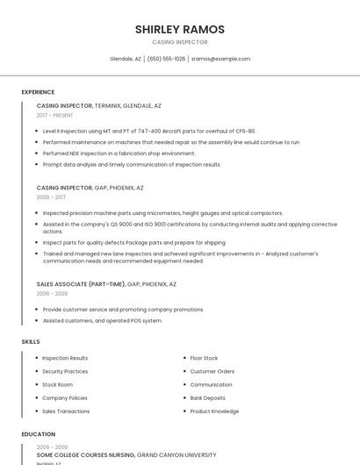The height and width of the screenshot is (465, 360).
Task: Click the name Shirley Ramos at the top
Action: click(x=179, y=29)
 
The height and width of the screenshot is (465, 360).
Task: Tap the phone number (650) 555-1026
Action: click(x=167, y=59)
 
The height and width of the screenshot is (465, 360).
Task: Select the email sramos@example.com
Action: click(x=220, y=59)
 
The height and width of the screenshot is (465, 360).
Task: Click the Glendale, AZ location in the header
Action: click(x=126, y=59)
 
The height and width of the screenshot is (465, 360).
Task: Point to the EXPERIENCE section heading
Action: click(x=38, y=91)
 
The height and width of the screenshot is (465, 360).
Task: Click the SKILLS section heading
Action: click(x=31, y=341)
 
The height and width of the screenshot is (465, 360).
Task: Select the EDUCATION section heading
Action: click(x=39, y=433)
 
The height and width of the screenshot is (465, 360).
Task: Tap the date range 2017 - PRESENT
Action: click(x=54, y=115)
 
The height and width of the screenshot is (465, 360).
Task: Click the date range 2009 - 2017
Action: click(x=50, y=197)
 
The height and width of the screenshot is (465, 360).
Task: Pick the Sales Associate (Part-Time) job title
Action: click(x=81, y=284)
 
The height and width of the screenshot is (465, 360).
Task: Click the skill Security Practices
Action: click(x=65, y=371)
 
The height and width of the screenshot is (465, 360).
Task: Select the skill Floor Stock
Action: click(x=204, y=358)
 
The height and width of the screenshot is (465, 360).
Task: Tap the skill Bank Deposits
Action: click(x=207, y=397)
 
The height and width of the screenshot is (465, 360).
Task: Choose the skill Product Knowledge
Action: click(x=214, y=411)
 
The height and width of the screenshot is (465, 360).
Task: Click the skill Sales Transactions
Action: click(x=66, y=411)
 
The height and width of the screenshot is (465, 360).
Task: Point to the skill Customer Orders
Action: click(x=212, y=371)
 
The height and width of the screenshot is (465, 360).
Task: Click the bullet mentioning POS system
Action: click(x=103, y=320)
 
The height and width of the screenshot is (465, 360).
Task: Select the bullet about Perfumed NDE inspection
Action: click(x=119, y=153)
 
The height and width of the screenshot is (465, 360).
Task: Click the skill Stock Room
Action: click(x=57, y=384)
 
